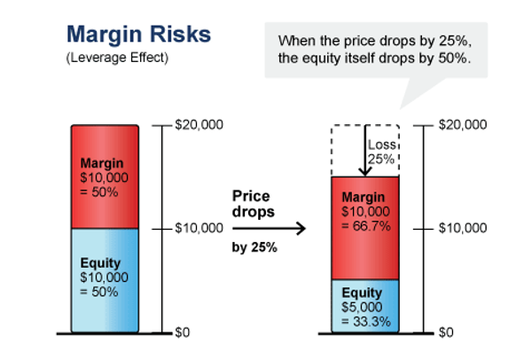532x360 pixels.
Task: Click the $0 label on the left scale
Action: (x=184, y=333)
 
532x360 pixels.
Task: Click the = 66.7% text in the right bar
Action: (x=365, y=228)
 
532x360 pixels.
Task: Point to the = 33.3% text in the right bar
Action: (x=365, y=321)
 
